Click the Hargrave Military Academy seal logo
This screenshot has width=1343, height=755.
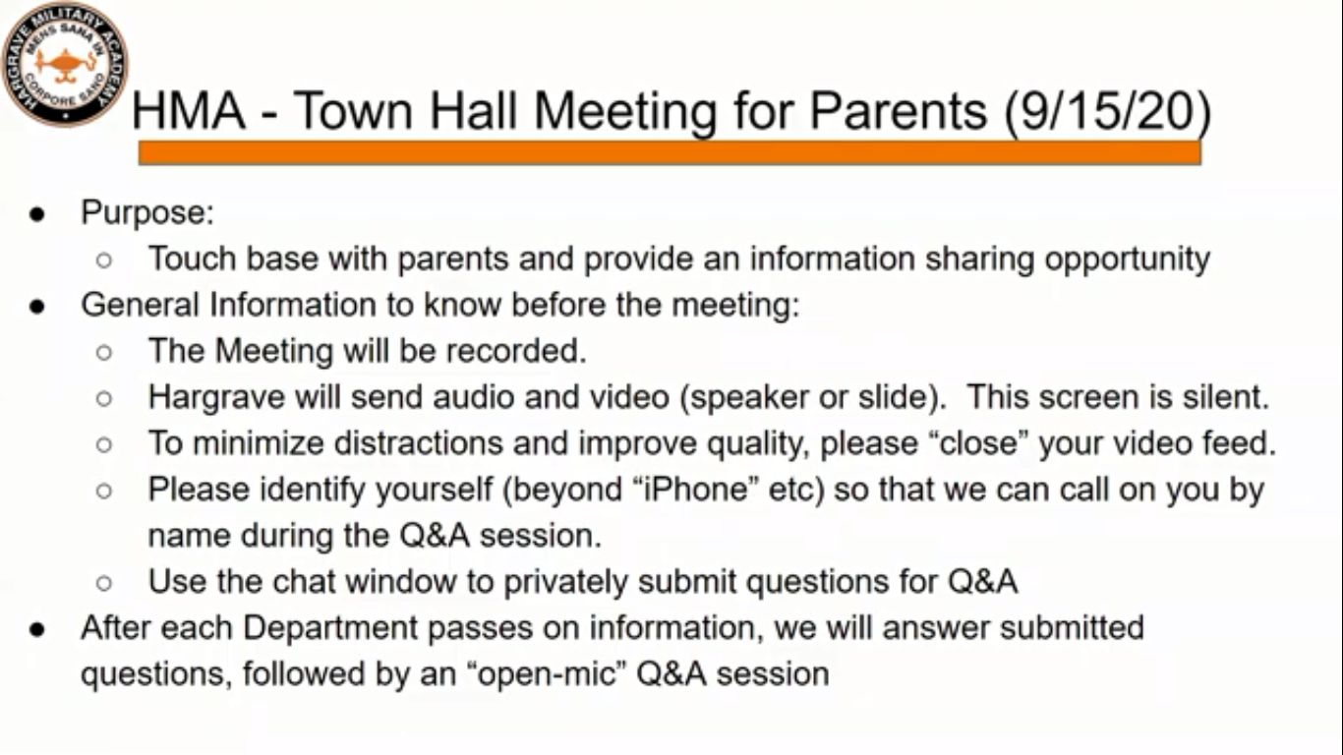[65, 64]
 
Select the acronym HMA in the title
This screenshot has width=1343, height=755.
[188, 111]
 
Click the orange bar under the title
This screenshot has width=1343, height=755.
[670, 153]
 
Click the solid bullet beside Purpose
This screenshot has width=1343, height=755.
[37, 214]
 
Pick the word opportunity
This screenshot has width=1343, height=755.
[1127, 260]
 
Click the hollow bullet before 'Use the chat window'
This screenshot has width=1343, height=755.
[103, 583]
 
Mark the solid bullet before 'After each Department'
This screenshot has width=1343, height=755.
[37, 630]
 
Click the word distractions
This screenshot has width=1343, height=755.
[418, 443]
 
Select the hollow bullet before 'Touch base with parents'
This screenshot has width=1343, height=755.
[103, 261]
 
